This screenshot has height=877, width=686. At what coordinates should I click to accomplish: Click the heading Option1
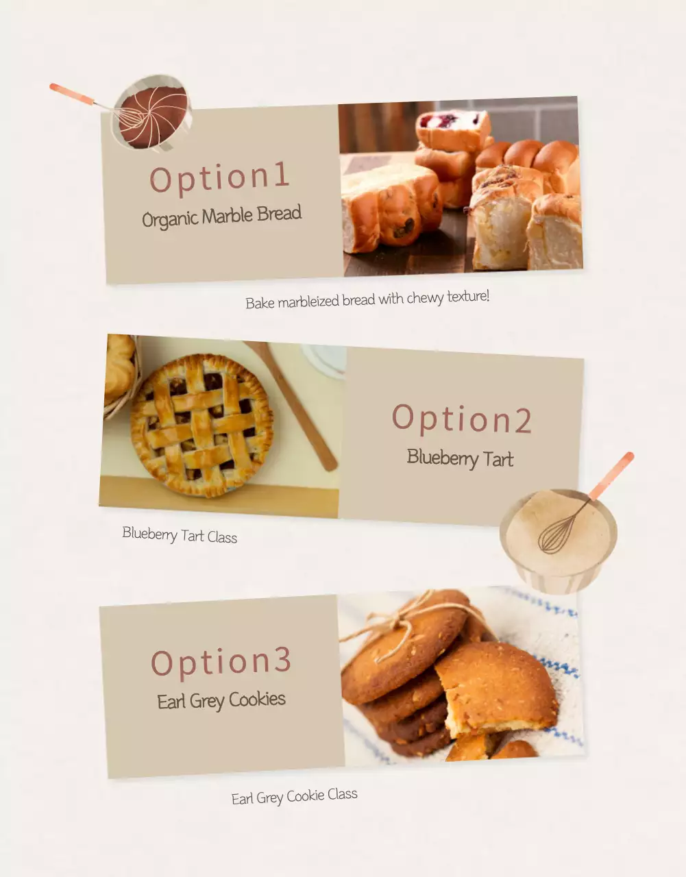[x=219, y=177]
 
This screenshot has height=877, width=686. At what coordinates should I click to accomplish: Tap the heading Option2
[x=461, y=419]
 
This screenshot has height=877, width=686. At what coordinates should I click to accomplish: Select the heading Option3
[x=221, y=662]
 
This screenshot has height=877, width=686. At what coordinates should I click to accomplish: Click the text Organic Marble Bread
[x=221, y=217]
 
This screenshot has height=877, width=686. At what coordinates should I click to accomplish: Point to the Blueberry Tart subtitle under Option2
[x=460, y=458]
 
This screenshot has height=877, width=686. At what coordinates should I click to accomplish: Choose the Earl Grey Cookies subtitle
[x=221, y=700]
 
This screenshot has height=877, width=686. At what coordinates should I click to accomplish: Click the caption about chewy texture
[x=367, y=300]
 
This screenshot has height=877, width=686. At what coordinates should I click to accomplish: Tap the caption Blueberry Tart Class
[x=180, y=534]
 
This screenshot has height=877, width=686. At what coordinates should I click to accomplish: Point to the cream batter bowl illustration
[x=559, y=539]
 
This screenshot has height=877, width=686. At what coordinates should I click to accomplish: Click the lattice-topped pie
[x=201, y=425]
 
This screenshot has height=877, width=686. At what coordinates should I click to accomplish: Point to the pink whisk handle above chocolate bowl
[x=71, y=94]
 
